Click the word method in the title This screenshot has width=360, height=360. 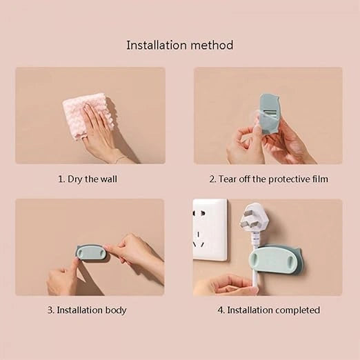(x=212, y=45)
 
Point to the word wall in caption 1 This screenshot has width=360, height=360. (x=108, y=179)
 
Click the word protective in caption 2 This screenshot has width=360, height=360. (x=289, y=179)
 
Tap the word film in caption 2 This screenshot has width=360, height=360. (x=320, y=179)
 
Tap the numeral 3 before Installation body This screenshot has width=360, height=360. (x=50, y=310)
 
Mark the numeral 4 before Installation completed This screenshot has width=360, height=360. (x=221, y=310)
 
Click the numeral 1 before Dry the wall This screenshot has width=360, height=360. (x=61, y=179)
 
